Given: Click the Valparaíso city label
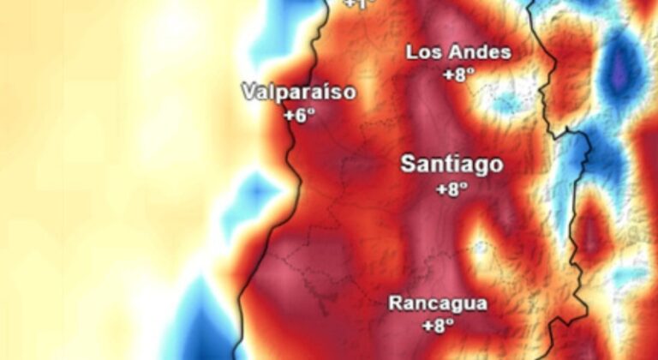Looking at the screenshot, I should [x=298, y=92].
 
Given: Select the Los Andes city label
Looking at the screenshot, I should [x=458, y=52].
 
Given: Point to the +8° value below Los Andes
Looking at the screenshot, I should [x=458, y=74].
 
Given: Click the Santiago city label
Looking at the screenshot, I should [x=452, y=165].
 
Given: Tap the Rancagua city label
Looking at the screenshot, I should [x=438, y=303].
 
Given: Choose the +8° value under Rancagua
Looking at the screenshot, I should [x=438, y=325].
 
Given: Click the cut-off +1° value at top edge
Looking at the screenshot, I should [x=360, y=4].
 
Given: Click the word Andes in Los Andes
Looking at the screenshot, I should [x=481, y=52].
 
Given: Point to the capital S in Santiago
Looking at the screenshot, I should [x=410, y=165].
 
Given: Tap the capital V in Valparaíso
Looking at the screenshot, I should [x=248, y=92].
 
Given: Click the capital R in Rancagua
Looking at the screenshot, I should [x=396, y=303].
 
